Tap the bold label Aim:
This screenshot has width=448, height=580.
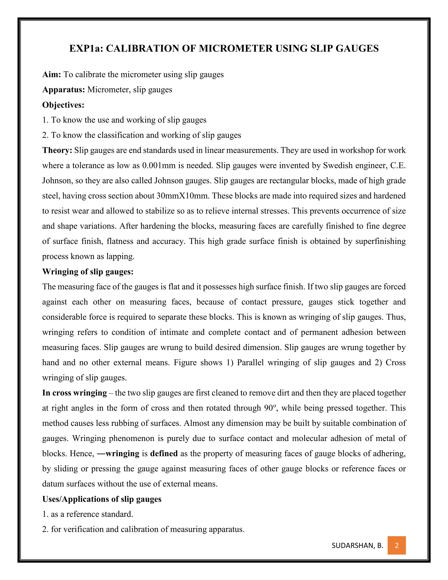(x=52, y=75)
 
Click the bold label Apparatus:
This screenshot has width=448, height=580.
(x=63, y=90)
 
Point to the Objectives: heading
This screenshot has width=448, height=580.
(x=63, y=105)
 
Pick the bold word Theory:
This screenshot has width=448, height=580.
(x=57, y=150)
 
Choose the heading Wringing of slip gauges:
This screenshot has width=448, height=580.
(x=87, y=272)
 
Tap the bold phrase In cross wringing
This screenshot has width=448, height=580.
(x=74, y=393)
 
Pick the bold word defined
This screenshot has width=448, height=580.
(x=164, y=453)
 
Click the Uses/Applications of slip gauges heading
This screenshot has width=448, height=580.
(x=102, y=499)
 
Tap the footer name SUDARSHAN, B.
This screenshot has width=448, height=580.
(x=357, y=545)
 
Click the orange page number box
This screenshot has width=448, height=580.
(x=397, y=545)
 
